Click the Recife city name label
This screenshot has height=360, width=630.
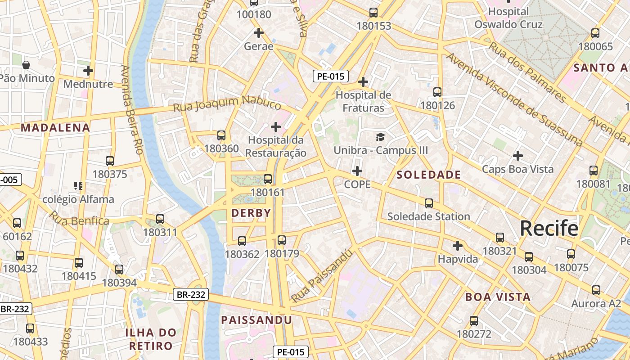(x=549, y=228)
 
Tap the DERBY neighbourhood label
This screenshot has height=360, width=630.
(x=251, y=213)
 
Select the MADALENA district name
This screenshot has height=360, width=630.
(x=55, y=127)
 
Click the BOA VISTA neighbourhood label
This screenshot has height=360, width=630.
(x=498, y=297)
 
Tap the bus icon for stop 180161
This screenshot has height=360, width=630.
(x=268, y=179)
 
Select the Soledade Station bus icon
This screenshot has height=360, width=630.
(x=428, y=203)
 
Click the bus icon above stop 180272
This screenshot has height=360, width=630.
(x=473, y=321)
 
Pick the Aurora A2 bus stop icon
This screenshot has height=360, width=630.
(x=596, y=290)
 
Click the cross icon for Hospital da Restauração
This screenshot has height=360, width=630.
(x=276, y=127)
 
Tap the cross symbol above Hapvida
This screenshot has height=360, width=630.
(x=457, y=246)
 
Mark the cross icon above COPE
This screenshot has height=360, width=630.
(x=357, y=171)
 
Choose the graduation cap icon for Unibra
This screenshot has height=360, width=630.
(x=381, y=137)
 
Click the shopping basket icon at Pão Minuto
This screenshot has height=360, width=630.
(x=26, y=65)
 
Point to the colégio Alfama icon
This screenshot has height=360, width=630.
(x=78, y=185)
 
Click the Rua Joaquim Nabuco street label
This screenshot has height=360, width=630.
(x=227, y=103)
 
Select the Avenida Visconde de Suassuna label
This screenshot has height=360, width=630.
(x=513, y=100)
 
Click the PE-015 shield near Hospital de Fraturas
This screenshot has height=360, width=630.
(x=330, y=76)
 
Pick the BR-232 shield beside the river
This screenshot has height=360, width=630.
(x=191, y=295)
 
